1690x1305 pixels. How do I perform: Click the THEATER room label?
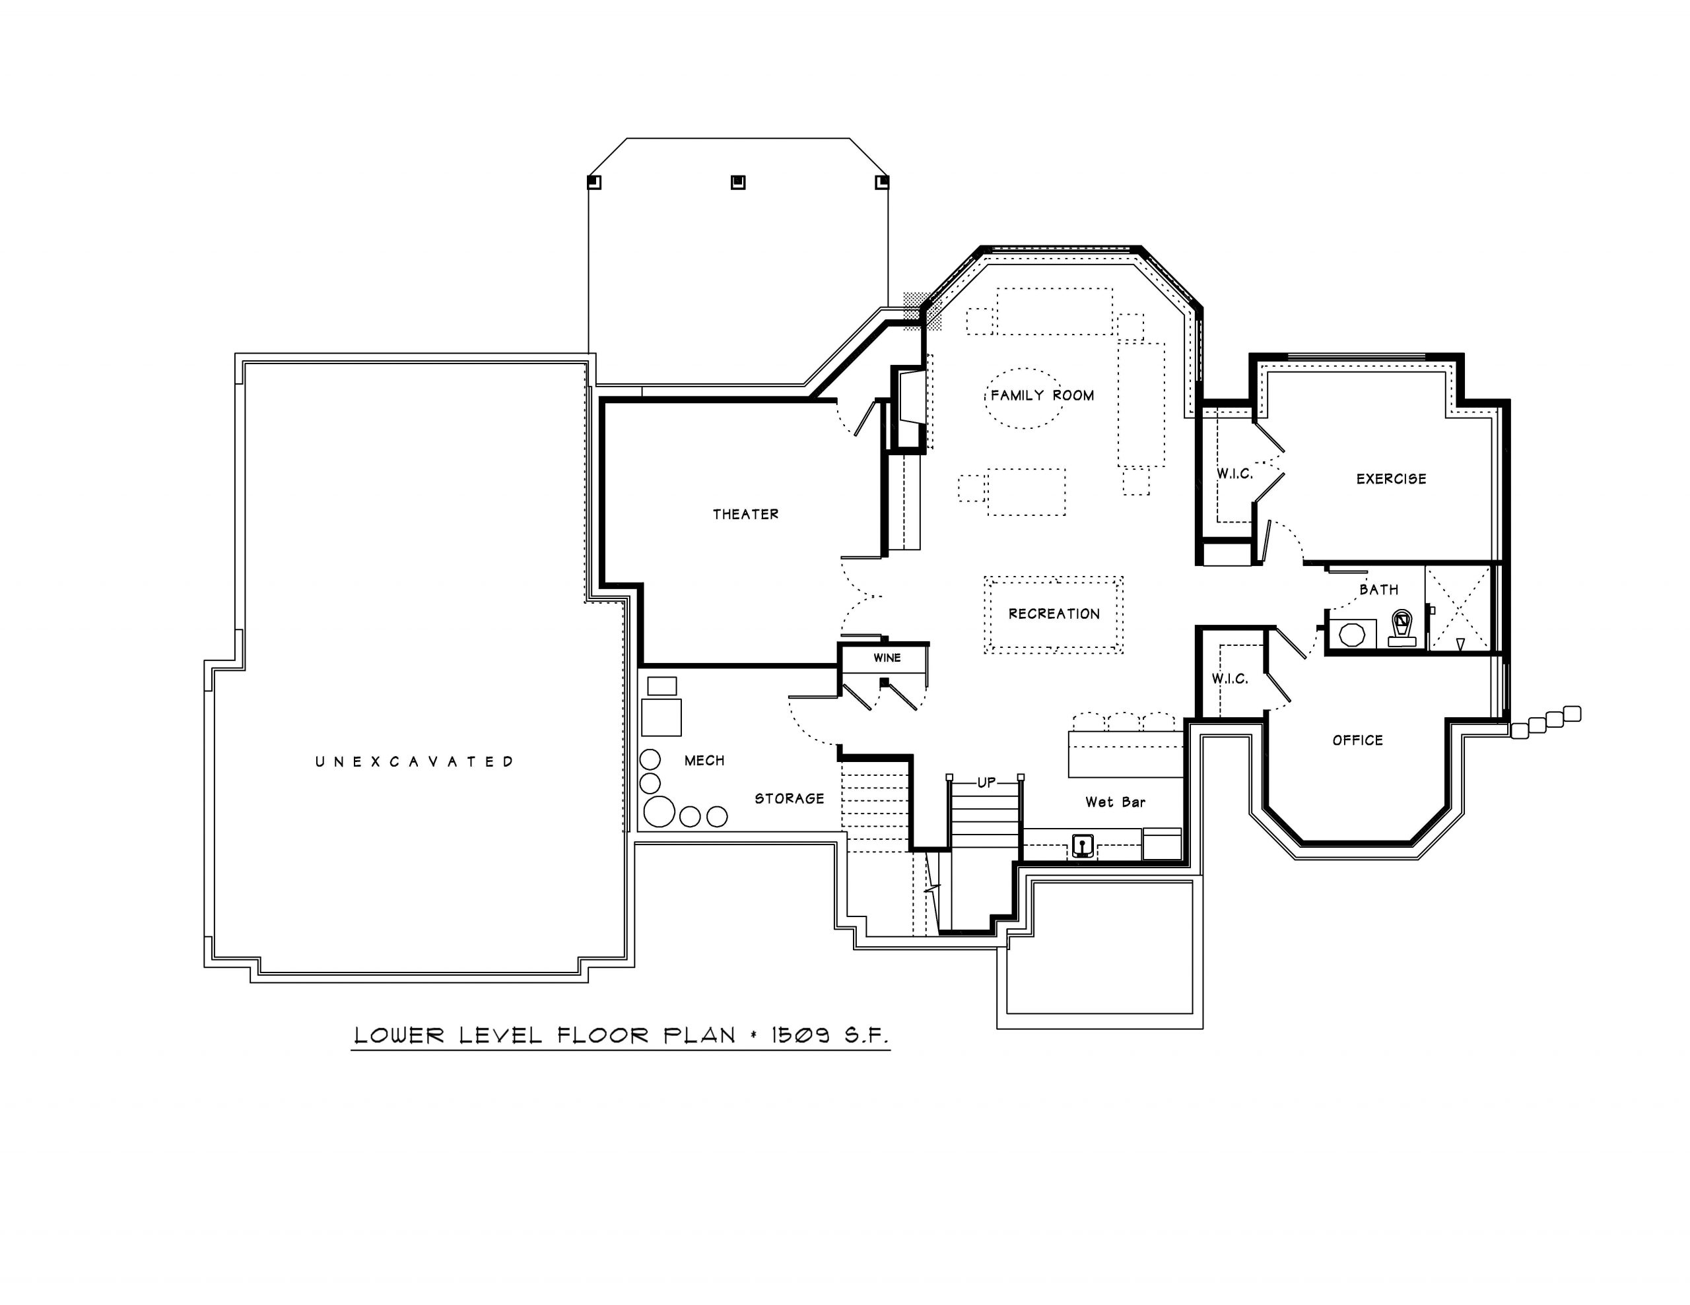pos(745,515)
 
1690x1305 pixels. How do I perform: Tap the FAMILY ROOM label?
pos(1042,395)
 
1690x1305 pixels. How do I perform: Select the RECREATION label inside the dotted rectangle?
pos(1054,614)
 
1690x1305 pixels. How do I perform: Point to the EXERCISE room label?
pos(1392,479)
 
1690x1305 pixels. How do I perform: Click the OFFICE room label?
pos(1358,740)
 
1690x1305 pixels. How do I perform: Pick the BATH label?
pos(1379,589)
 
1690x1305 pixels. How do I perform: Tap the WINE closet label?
pos(887,658)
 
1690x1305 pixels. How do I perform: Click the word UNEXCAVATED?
pos(415,761)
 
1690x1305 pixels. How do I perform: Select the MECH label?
pos(704,761)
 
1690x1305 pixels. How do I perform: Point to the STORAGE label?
pos(790,798)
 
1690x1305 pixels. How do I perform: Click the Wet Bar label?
pos(1115,802)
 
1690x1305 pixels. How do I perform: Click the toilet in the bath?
pos(1402,628)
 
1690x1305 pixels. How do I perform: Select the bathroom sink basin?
pos(1352,634)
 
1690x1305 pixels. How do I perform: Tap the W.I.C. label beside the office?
pos(1230,678)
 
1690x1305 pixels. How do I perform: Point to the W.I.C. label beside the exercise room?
pos(1234,474)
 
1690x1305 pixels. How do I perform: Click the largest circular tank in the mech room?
pos(659,812)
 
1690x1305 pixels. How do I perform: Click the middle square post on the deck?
pos(738,183)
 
